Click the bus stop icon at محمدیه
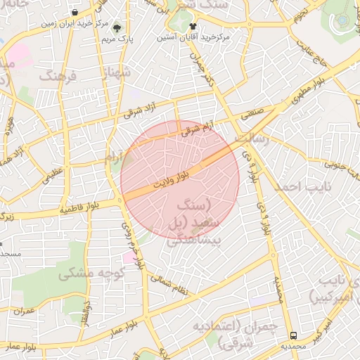click(293, 335)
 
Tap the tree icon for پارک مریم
click(117, 28)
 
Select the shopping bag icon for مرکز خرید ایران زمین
click(75, 13)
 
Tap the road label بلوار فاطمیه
click(86, 207)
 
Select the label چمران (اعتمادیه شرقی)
click(253, 335)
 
